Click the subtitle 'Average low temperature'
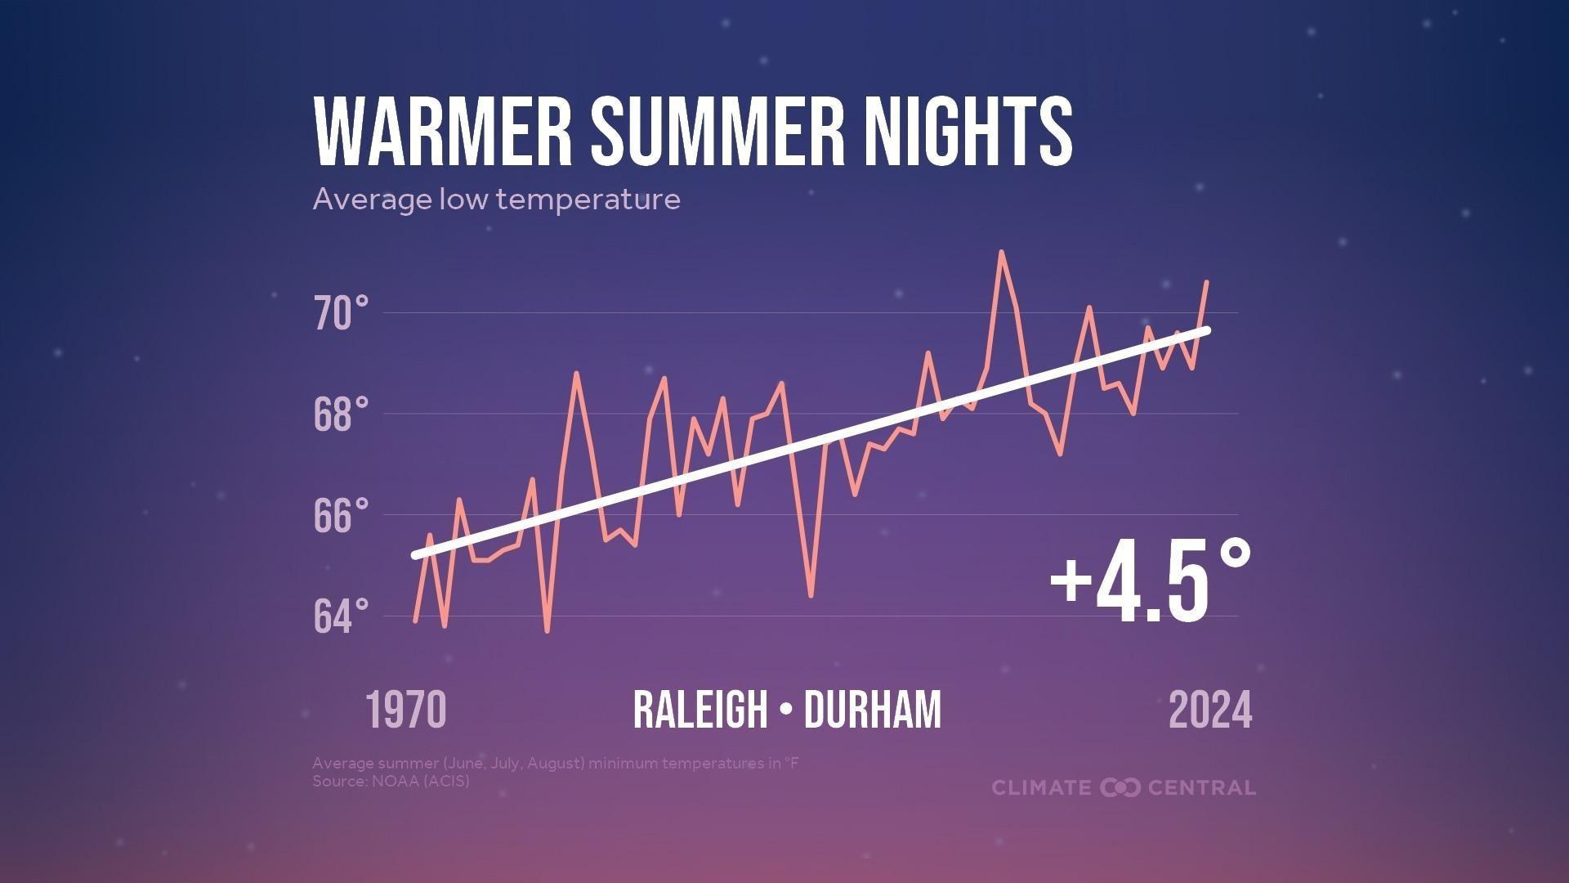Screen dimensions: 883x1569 496,199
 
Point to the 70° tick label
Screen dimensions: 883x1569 341,315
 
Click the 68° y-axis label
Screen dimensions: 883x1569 341,415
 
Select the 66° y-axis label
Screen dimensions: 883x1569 341,517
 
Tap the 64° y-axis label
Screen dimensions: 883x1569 341,617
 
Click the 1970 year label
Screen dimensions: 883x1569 405,710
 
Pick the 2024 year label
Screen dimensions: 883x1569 1210,710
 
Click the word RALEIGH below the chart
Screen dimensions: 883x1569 700,710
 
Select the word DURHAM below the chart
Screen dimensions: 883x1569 873,710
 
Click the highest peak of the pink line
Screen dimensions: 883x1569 1001,253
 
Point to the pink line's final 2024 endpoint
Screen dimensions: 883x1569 1207,282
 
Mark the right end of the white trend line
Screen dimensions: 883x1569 1207,330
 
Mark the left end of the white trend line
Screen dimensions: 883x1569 416,556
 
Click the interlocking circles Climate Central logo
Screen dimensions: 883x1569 1120,788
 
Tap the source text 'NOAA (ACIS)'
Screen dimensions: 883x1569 421,782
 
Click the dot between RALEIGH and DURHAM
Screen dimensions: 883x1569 786,710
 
